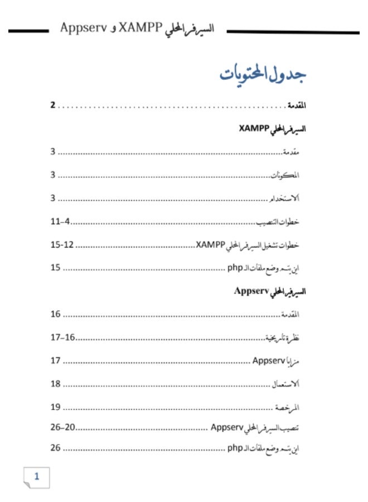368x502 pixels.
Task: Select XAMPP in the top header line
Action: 140,27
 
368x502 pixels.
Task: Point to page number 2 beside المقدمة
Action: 53,105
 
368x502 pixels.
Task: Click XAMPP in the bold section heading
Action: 254,128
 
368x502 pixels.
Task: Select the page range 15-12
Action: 63,245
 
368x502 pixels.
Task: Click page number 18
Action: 55,384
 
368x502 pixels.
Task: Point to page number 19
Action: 55,407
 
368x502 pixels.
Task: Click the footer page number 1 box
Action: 37,476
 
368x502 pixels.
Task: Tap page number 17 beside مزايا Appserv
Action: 55,360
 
